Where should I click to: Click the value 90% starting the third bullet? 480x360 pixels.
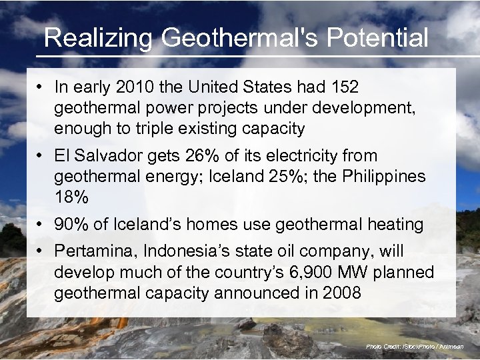tap(71, 225)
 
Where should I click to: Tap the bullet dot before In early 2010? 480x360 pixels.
tap(41, 87)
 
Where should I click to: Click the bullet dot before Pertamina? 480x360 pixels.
tap(41, 251)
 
